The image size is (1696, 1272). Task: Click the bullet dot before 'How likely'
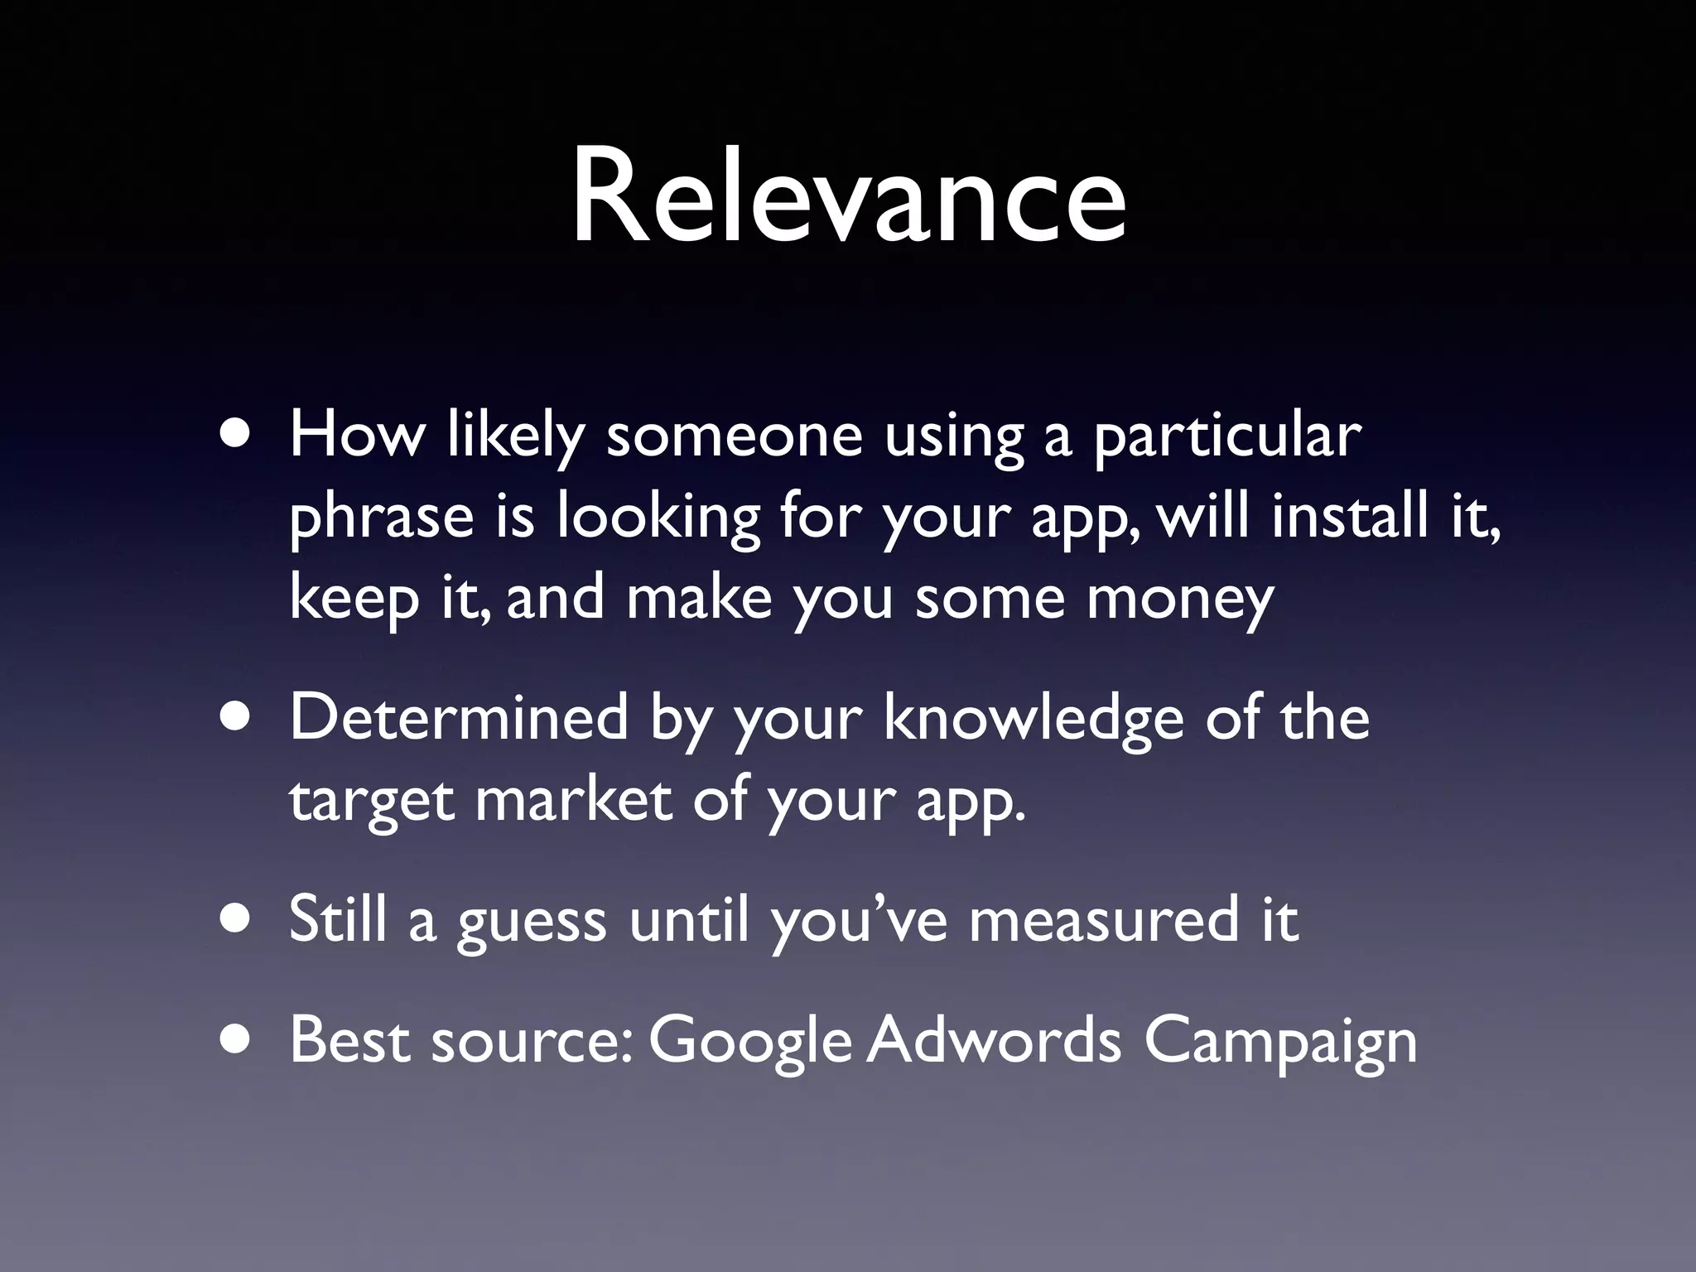238,437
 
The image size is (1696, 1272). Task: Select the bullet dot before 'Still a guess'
238,922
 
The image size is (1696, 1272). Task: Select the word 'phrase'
381,518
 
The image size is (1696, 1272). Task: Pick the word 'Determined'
458,717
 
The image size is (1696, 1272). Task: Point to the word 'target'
371,802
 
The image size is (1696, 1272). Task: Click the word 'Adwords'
994,1040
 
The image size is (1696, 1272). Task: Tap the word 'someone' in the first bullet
734,436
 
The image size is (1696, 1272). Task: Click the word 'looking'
658,518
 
